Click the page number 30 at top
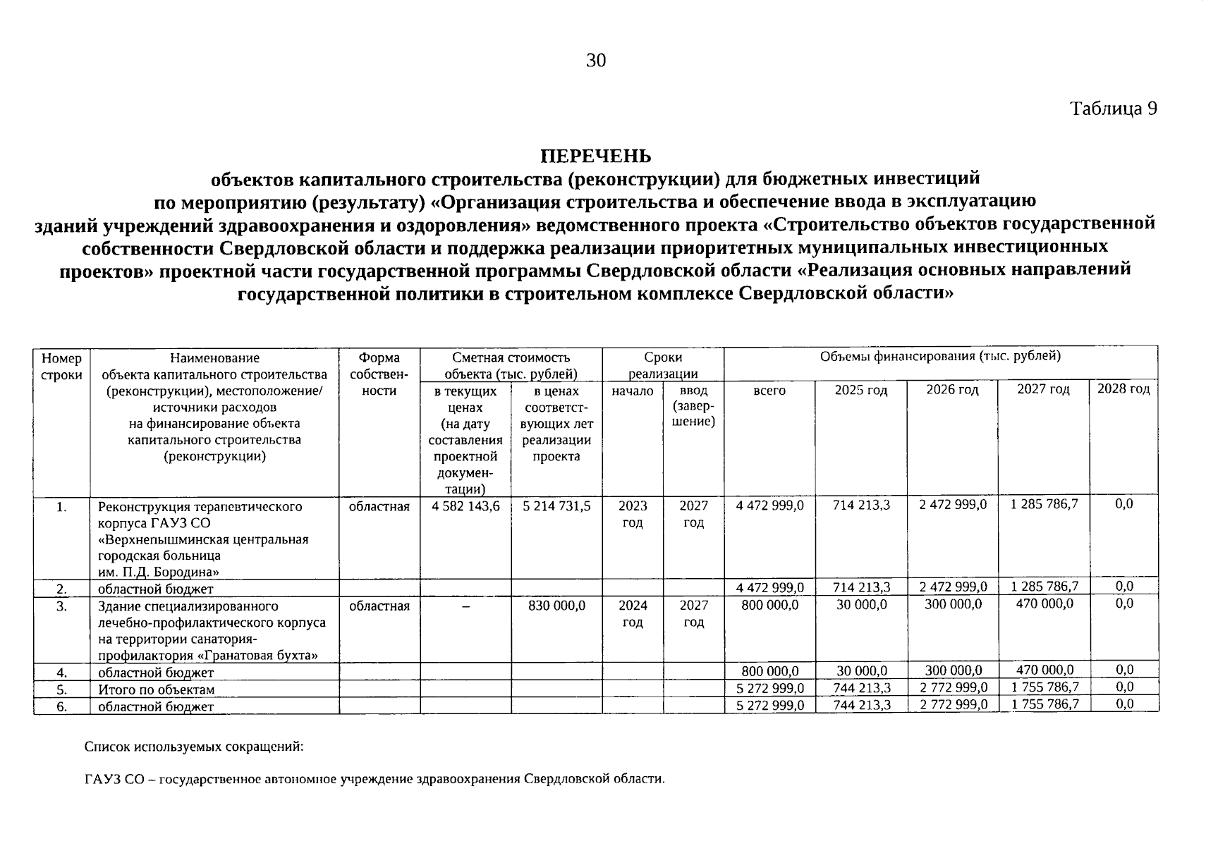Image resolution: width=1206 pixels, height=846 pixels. tap(595, 61)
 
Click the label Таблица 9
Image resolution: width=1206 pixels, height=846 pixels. tap(1113, 109)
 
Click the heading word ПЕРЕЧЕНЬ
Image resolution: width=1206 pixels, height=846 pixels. tap(595, 156)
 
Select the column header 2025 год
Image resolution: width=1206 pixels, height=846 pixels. tap(860, 390)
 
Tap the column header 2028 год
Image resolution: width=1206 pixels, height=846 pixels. tap(1123, 389)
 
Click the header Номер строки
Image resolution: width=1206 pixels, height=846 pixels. tap(61, 367)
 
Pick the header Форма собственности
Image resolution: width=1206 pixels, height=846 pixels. tap(379, 374)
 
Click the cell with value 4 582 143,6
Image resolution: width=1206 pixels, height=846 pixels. tap(465, 506)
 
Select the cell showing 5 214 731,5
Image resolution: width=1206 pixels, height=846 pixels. tap(556, 506)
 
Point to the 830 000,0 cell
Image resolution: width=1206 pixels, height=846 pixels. tap(556, 605)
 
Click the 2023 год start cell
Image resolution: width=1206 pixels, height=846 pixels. tap(632, 515)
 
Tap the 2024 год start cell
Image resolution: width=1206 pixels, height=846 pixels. tap(632, 613)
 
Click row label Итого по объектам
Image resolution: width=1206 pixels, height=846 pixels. tap(156, 689)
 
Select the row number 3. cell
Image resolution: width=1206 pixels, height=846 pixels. tap(61, 606)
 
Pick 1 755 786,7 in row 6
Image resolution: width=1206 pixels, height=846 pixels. tap(1044, 704)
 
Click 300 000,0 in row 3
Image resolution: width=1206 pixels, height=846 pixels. tap(953, 604)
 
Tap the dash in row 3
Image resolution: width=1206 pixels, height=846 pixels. tap(465, 606)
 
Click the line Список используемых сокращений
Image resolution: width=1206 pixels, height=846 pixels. tap(194, 746)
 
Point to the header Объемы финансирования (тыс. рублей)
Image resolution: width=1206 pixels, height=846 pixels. tap(940, 357)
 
